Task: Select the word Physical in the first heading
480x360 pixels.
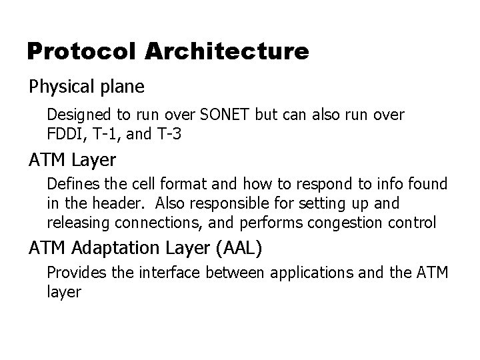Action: pos(58,87)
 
